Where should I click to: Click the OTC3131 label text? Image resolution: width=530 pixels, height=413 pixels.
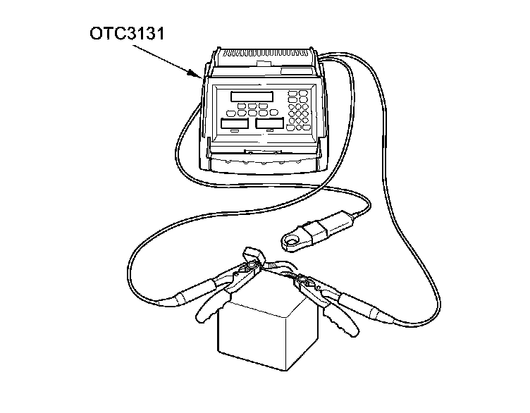pos(128,33)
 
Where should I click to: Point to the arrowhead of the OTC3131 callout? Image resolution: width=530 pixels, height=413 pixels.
pos(199,74)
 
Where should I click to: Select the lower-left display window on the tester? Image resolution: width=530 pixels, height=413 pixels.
pos(235,123)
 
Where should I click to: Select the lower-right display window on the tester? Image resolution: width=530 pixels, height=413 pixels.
pos(269,123)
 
